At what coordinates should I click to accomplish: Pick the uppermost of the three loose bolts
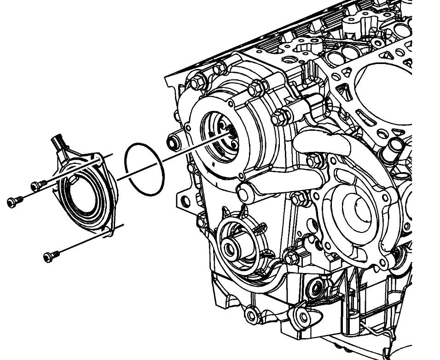point(35,186)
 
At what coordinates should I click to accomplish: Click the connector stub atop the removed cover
point(58,139)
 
